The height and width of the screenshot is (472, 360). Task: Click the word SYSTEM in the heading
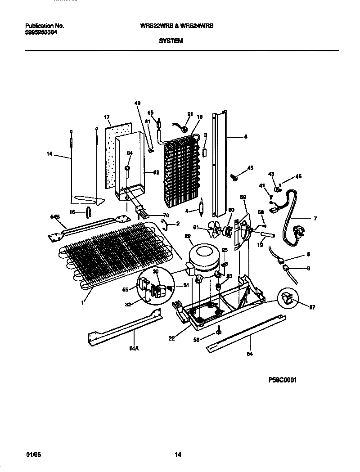[171, 40]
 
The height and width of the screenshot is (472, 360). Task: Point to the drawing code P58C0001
[283, 380]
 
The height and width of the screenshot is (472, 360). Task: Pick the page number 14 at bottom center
[178, 455]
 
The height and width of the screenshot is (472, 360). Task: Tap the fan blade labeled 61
[216, 231]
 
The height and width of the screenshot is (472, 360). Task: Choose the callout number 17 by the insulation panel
[107, 117]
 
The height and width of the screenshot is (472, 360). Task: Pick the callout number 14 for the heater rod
[49, 154]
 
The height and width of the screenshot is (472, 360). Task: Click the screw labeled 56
[218, 331]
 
